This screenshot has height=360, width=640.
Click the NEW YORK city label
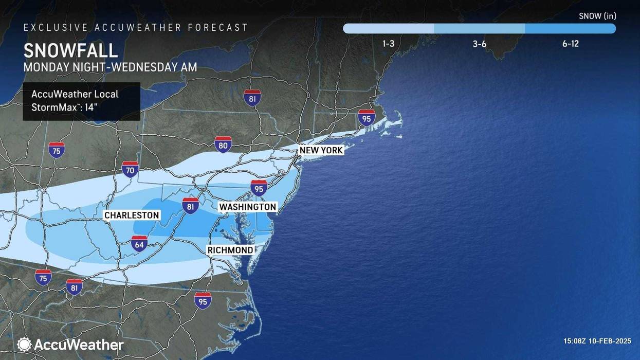pyautogui.click(x=321, y=150)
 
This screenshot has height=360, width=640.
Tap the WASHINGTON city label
pyautogui.click(x=248, y=207)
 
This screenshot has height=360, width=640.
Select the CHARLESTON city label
pyautogui.click(x=132, y=215)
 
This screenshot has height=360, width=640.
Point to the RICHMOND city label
pyautogui.click(x=230, y=250)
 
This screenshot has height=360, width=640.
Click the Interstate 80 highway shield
pyautogui.click(x=223, y=145)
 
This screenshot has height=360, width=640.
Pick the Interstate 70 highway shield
pyautogui.click(x=130, y=169)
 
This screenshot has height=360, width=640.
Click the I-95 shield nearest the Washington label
pyautogui.click(x=259, y=188)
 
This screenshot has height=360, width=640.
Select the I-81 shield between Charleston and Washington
pyautogui.click(x=191, y=206)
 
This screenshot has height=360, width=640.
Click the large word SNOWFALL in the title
pyautogui.click(x=70, y=50)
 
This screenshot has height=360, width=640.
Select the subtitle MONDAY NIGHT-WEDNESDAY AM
pyautogui.click(x=110, y=67)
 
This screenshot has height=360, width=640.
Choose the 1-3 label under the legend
pyautogui.click(x=388, y=44)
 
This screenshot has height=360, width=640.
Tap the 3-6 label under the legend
pyautogui.click(x=479, y=44)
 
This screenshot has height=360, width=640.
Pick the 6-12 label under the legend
pyautogui.click(x=570, y=44)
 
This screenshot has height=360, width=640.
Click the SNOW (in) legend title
pyautogui.click(x=597, y=16)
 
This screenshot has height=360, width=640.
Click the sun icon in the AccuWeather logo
pyautogui.click(x=24, y=345)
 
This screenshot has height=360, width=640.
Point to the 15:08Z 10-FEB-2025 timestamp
pyautogui.click(x=597, y=341)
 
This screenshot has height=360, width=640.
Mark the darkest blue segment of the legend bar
pyautogui.click(x=570, y=29)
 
